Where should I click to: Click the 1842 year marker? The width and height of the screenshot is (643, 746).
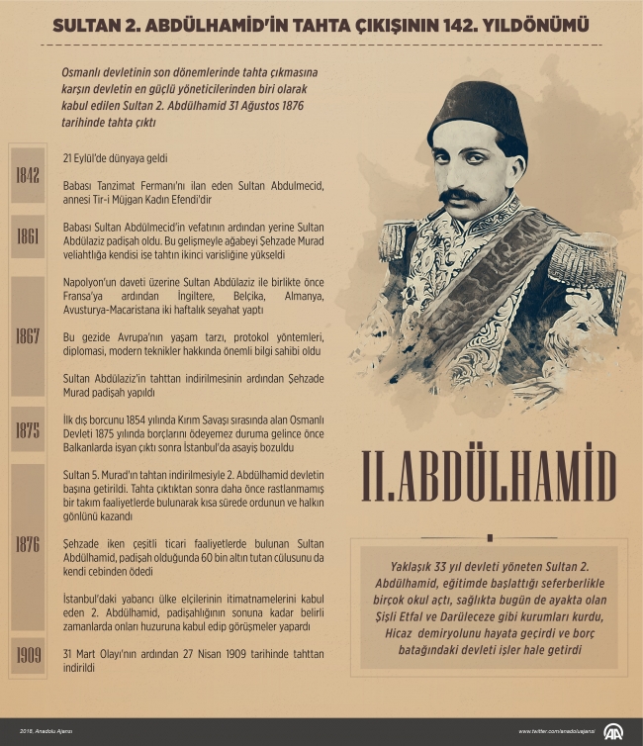click(x=28, y=176)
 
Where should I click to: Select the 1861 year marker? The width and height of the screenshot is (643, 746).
click(x=28, y=235)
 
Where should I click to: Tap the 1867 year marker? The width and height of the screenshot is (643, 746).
click(x=28, y=335)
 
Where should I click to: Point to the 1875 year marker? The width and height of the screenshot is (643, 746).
click(x=28, y=429)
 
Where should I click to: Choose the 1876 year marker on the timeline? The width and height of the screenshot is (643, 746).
click(x=28, y=544)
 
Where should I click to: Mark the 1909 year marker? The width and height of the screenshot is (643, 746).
click(x=28, y=654)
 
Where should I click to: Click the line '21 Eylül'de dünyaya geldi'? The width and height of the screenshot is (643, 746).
click(x=115, y=157)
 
